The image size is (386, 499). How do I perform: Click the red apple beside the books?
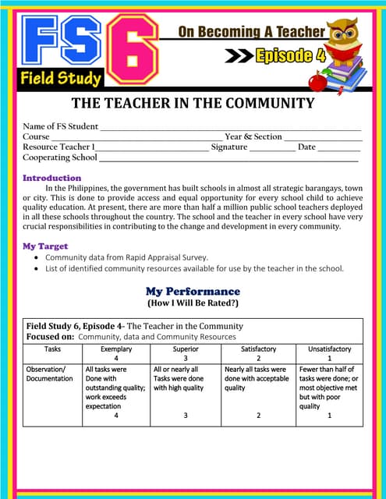point(317,80)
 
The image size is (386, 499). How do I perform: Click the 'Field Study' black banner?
point(61,78)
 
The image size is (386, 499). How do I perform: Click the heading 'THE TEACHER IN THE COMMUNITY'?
point(193,103)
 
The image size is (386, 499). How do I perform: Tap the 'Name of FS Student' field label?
point(61,126)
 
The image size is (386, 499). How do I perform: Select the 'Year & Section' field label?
point(253,136)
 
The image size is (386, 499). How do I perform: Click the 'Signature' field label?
point(229,147)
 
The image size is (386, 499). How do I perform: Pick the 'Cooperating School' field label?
point(60,157)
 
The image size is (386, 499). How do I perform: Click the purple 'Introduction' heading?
point(51,178)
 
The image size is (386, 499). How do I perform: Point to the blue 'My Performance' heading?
point(193,291)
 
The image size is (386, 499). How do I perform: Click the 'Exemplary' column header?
point(116,349)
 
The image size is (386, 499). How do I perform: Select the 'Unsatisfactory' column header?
point(329,349)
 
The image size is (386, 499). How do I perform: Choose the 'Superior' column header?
point(186,349)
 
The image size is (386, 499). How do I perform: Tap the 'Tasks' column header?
point(52,349)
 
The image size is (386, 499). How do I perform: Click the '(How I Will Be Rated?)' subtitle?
point(193,303)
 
